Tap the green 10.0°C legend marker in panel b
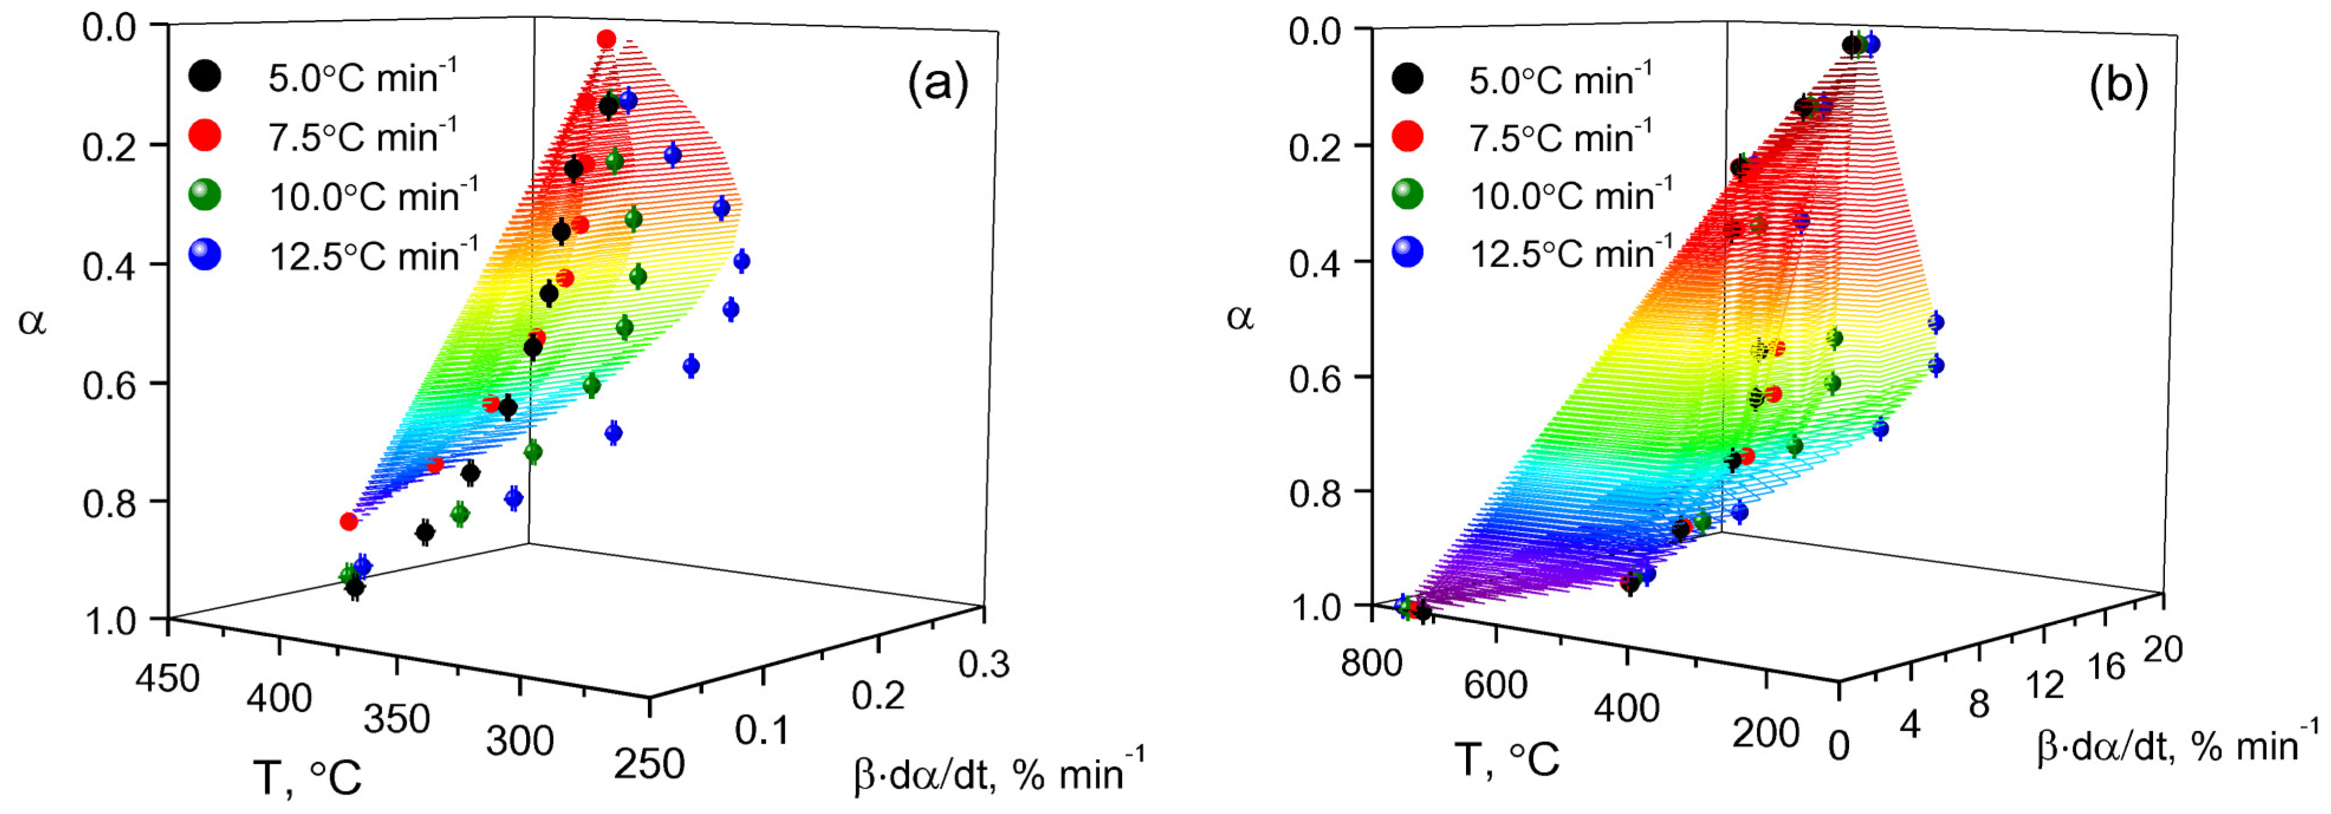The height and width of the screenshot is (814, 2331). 1407,194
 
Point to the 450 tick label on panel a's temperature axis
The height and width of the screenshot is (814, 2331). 167,678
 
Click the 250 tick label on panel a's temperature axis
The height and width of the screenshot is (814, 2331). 649,764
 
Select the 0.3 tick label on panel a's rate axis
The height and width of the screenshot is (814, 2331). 984,665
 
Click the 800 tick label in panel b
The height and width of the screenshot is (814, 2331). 1372,663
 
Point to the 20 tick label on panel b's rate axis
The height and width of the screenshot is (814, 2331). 2163,649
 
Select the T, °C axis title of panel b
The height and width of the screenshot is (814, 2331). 1507,760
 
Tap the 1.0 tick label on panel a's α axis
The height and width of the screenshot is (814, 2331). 109,622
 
